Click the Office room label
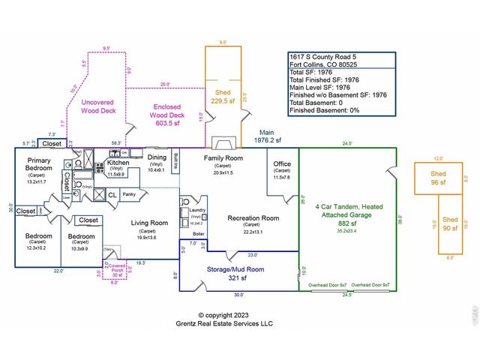coord(282,163)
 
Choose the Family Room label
coord(224,158)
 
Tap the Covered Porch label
coord(115,268)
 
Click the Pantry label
coord(128,194)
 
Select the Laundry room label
coord(197,211)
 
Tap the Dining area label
coord(157,157)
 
